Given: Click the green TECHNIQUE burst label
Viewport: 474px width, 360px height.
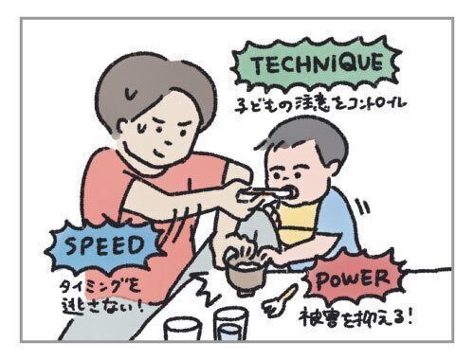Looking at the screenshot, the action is (316, 63).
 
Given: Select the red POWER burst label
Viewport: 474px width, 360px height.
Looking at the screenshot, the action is (353, 279).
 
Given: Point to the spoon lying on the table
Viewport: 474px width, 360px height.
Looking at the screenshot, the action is (280, 300).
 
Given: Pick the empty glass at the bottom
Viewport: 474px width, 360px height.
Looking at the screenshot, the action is (183, 329).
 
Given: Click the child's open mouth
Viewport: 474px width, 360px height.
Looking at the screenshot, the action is (292, 192).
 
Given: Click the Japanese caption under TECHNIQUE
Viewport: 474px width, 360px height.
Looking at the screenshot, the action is (319, 106).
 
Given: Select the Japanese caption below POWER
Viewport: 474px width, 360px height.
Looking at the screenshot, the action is (356, 317).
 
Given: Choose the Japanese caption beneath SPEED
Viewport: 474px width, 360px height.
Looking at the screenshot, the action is (100, 297).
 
